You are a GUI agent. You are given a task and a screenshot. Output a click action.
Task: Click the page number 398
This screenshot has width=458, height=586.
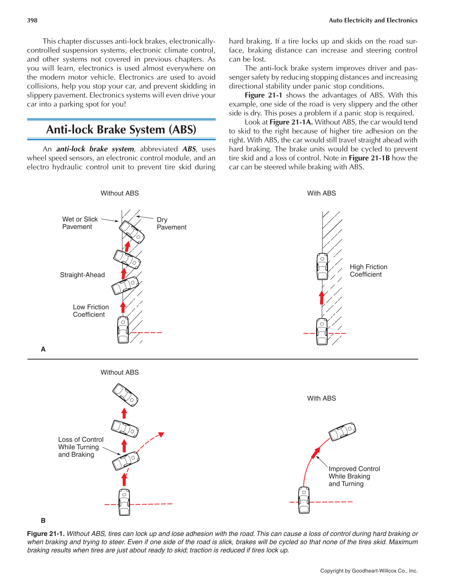(x=32, y=20)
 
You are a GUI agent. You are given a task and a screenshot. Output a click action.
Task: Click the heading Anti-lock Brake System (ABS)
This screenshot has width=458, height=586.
(x=121, y=130)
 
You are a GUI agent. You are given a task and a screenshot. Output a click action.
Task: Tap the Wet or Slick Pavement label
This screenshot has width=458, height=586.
(x=80, y=223)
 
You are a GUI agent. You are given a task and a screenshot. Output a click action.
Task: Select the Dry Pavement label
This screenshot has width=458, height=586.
(x=171, y=223)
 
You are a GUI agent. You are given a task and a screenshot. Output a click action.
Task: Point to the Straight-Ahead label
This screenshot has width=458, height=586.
(x=82, y=275)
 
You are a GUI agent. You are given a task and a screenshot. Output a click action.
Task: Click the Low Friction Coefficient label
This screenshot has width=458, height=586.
(x=91, y=311)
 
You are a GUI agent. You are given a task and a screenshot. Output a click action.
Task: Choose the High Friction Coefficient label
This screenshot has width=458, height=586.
(x=368, y=271)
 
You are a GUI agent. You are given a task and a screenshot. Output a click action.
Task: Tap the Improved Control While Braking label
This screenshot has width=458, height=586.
(x=354, y=476)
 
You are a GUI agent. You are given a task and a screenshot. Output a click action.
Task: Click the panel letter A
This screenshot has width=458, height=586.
(x=43, y=349)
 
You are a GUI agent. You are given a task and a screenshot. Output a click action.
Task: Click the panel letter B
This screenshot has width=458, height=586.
(x=43, y=520)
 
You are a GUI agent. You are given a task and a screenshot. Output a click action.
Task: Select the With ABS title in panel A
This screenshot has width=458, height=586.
(x=321, y=193)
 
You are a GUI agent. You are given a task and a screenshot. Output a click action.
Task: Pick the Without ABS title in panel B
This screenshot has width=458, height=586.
(x=120, y=372)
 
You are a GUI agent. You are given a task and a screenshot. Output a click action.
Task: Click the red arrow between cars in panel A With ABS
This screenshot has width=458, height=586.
(x=322, y=298)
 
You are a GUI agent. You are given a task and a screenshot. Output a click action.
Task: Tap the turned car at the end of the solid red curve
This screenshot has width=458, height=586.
(x=342, y=431)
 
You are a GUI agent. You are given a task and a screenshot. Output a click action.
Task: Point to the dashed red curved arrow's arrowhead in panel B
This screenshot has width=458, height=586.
(x=161, y=435)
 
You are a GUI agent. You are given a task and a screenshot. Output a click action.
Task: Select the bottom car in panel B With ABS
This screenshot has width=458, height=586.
(x=304, y=500)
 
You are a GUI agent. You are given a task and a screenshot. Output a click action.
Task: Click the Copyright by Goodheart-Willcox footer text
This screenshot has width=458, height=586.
(x=368, y=571)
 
